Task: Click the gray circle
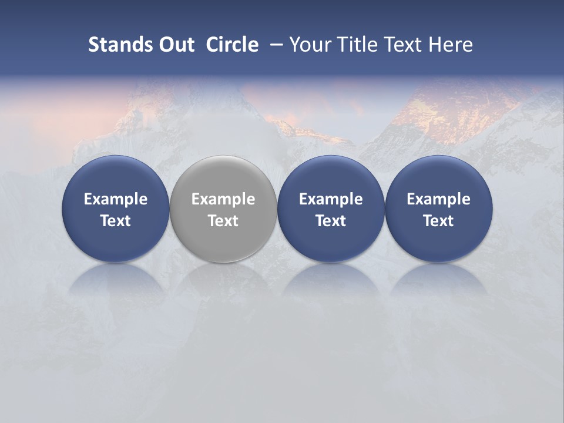coord(223,176)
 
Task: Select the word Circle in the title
coord(232,45)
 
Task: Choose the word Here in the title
coord(451,45)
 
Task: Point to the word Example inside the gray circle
coord(223,199)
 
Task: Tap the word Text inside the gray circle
coord(223,221)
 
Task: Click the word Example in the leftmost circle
coord(116,199)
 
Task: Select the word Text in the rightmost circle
coord(439,221)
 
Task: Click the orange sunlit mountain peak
coord(446,112)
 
